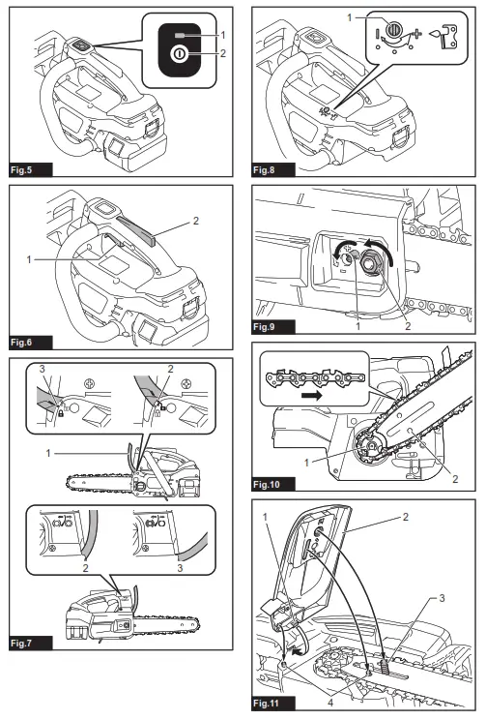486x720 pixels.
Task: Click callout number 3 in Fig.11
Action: [x=442, y=599]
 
